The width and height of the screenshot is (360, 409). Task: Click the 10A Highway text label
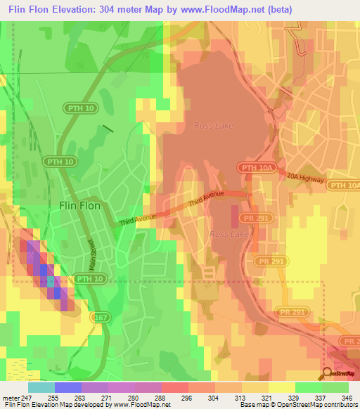click(x=305, y=180)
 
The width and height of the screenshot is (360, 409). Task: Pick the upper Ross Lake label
click(x=213, y=126)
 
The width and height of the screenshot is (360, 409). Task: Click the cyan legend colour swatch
click(x=41, y=387)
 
